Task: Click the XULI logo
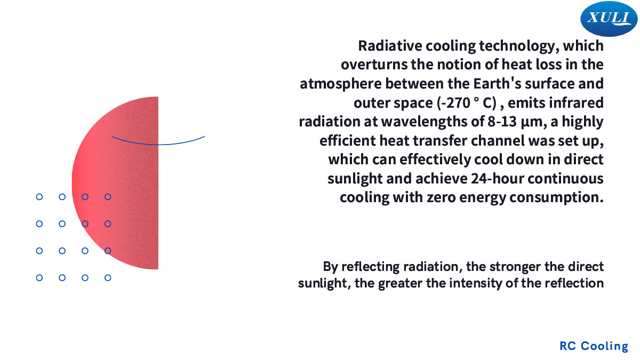coord(609,19)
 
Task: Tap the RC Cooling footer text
coord(594,346)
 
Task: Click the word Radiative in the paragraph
coord(390,46)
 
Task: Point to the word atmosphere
coord(341,84)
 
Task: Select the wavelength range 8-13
coord(502,122)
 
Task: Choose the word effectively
coord(435,159)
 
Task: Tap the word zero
coord(441,198)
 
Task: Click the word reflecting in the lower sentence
coord(372,267)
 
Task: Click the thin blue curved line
coord(158,145)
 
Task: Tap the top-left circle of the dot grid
coord(39,197)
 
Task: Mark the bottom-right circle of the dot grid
coord(108,278)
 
